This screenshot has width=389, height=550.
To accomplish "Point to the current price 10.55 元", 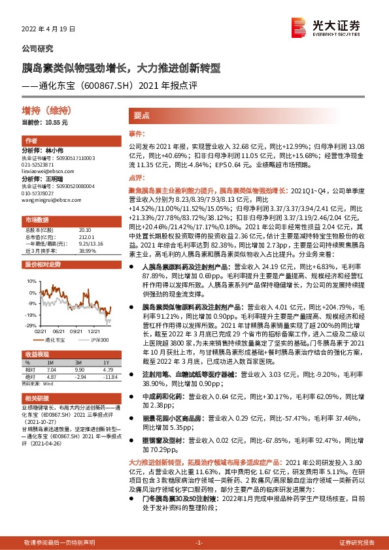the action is pos(45,122).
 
